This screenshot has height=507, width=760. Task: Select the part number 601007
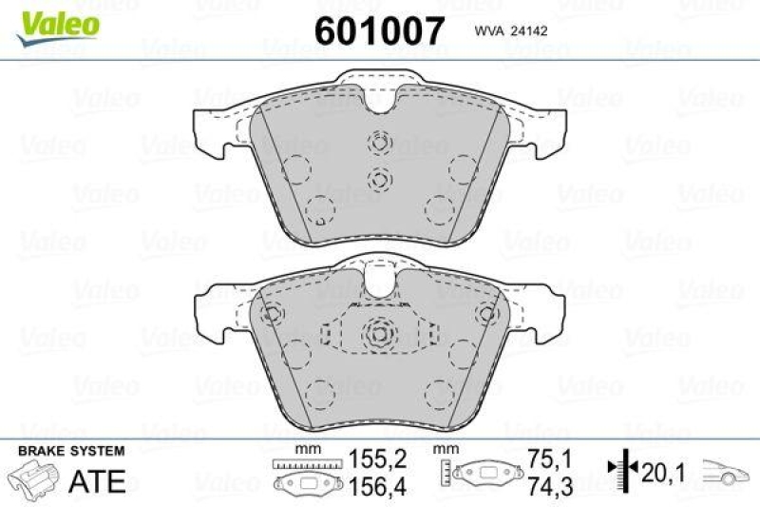(379, 31)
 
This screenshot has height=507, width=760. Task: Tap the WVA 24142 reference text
(507, 33)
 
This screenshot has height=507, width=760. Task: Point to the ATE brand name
(98, 481)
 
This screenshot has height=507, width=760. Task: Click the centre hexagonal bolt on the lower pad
(379, 334)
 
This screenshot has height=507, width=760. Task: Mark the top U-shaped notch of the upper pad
(379, 106)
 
